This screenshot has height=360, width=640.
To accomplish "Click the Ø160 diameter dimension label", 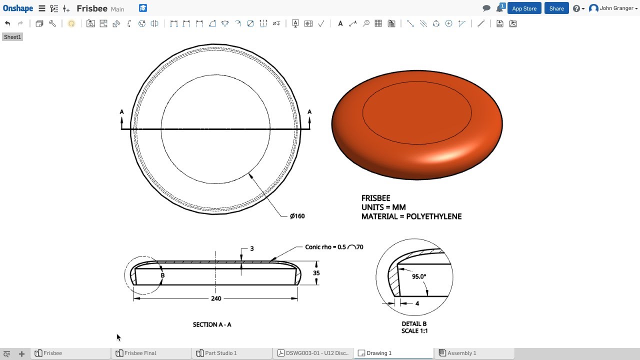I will pyautogui.click(x=297, y=216).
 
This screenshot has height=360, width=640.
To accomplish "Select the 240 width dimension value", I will pyautogui.click(x=215, y=298).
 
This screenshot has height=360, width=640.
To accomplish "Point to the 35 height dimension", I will pyautogui.click(x=316, y=273).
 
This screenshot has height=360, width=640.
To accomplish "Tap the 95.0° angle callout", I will pyautogui.click(x=419, y=276).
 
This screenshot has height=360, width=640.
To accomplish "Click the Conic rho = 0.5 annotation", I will pyautogui.click(x=325, y=247).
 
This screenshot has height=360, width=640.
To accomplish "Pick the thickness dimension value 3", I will pyautogui.click(x=251, y=248).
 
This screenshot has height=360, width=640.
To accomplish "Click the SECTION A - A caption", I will pyautogui.click(x=212, y=324).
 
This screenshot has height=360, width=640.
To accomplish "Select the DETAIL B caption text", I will pyautogui.click(x=414, y=324).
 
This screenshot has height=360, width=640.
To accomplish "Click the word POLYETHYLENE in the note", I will pyautogui.click(x=433, y=216).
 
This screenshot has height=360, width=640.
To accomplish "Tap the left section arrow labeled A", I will pyautogui.click(x=121, y=112).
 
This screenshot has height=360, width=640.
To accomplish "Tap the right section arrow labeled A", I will pyautogui.click(x=309, y=112).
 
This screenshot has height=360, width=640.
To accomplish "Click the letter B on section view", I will pyautogui.click(x=162, y=275).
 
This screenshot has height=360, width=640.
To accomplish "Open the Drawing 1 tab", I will pyautogui.click(x=378, y=353).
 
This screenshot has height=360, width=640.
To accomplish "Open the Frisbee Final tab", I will pyautogui.click(x=140, y=353).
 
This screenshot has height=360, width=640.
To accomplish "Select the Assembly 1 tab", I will pyautogui.click(x=461, y=353).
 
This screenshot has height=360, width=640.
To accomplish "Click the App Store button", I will pyautogui.click(x=524, y=8).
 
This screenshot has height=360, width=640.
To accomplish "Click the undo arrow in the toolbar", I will pyautogui.click(x=7, y=23).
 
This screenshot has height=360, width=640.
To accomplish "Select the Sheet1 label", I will pyautogui.click(x=12, y=37).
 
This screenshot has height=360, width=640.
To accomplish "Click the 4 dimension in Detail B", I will pyautogui.click(x=417, y=303).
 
